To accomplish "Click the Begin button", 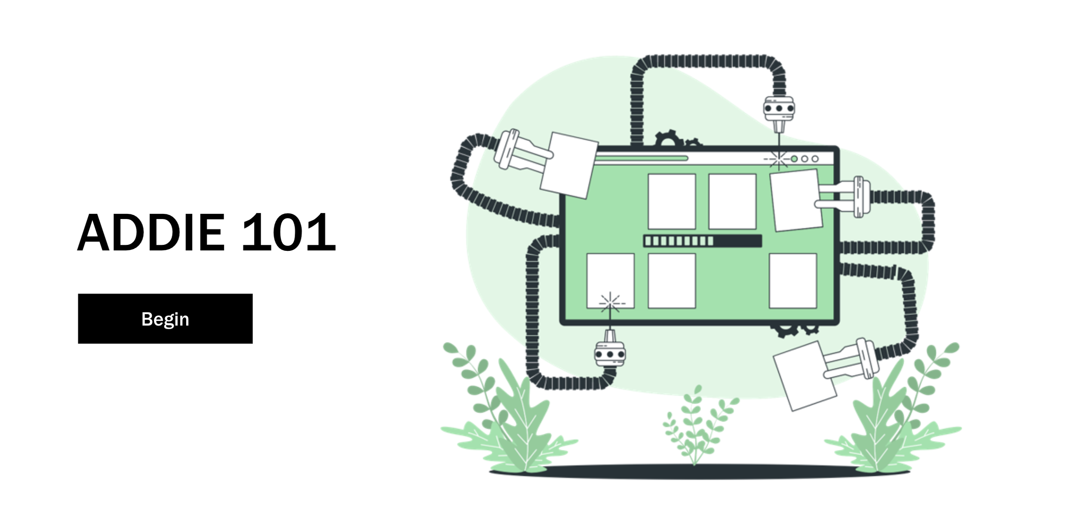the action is [x=165, y=318].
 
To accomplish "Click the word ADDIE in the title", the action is [x=151, y=232].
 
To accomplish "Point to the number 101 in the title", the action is [x=288, y=232].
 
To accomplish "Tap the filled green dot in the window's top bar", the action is [x=794, y=159].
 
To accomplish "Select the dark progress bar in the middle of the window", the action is [x=702, y=241].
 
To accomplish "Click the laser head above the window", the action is [x=779, y=108].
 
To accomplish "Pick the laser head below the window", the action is [x=610, y=354].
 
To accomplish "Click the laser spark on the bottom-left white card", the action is [x=610, y=303].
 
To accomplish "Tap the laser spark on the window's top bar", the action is [x=778, y=159].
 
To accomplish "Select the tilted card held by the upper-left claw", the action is [x=568, y=165].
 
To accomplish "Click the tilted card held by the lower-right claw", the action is [x=805, y=376].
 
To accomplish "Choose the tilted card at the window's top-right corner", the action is [x=795, y=200].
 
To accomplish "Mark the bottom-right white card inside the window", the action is [x=792, y=281].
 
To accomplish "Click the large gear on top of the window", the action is [x=669, y=139].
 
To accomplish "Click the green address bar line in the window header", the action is [x=641, y=158].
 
